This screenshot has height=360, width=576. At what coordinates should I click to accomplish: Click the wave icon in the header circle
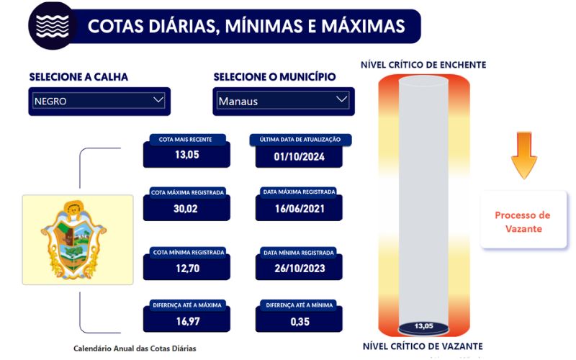click(53, 26)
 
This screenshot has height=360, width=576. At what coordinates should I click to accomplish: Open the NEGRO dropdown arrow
click(158, 100)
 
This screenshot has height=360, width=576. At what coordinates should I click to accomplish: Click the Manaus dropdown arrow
click(341, 99)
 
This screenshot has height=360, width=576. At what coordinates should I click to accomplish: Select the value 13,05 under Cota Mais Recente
click(187, 155)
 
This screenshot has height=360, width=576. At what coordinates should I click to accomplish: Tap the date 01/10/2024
click(299, 157)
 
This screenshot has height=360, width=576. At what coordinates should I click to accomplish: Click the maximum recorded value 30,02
click(186, 209)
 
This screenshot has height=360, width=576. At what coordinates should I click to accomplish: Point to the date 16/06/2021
click(300, 209)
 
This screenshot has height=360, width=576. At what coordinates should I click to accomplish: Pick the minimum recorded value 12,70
click(188, 269)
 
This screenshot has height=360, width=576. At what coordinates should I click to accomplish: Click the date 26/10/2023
click(300, 269)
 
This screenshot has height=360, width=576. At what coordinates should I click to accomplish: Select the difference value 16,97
click(188, 321)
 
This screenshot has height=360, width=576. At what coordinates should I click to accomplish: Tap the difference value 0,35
click(300, 322)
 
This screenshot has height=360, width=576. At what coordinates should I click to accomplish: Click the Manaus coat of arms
click(74, 240)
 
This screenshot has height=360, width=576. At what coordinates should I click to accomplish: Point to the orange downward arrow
click(524, 156)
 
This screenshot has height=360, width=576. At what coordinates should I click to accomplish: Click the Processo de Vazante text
click(523, 222)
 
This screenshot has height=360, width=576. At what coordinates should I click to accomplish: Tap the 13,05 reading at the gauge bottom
click(423, 326)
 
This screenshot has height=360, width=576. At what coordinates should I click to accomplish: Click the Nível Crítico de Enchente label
click(423, 65)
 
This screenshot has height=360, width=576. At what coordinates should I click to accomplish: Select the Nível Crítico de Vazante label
click(423, 346)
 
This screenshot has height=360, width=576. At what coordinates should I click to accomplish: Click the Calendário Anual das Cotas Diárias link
click(135, 348)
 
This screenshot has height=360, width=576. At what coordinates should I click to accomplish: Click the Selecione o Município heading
click(275, 77)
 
